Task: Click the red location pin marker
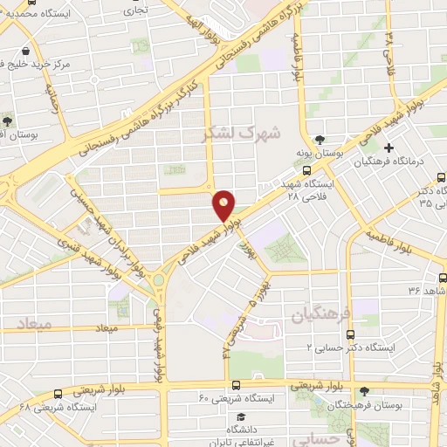[x=224, y=205]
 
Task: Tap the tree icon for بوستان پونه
[x=320, y=138]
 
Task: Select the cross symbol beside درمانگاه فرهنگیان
[x=389, y=148]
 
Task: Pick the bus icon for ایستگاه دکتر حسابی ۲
[x=351, y=334]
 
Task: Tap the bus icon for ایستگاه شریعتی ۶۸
[x=58, y=394]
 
